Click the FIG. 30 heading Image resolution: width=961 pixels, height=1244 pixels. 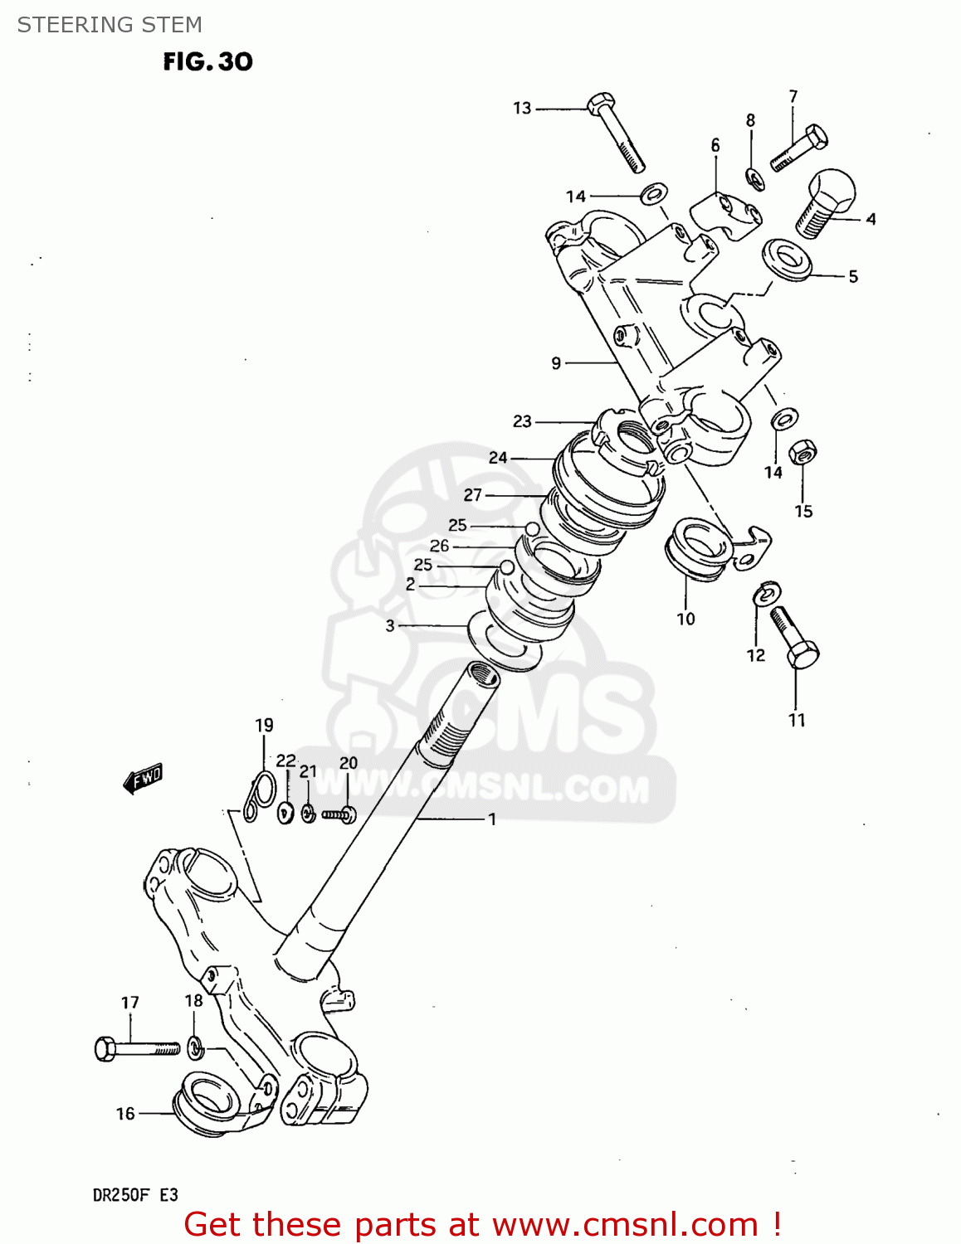(x=207, y=62)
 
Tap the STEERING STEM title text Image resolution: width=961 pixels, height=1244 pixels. (x=110, y=25)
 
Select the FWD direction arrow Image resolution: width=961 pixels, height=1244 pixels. (x=143, y=778)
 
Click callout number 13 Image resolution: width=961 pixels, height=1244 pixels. (x=521, y=108)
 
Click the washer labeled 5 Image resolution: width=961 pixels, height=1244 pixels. (x=787, y=260)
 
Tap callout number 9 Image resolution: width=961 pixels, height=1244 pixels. (x=556, y=363)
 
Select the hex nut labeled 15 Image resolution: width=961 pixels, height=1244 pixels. (x=802, y=453)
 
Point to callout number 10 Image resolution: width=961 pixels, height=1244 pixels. (x=685, y=619)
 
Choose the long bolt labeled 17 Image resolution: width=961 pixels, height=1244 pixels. (x=137, y=1049)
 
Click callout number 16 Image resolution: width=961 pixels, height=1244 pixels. (x=125, y=1114)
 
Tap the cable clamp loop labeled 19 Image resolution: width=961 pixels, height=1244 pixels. (x=260, y=795)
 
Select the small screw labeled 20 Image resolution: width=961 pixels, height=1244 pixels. (x=339, y=814)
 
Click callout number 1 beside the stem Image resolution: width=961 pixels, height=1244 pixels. (x=492, y=819)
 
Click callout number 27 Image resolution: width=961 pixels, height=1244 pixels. (x=472, y=495)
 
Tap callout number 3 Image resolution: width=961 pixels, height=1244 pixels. (x=390, y=625)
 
